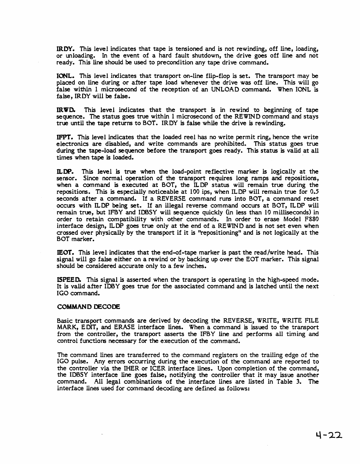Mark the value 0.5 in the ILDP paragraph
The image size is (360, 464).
tap(314, 192)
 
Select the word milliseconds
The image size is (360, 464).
tap(286, 212)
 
